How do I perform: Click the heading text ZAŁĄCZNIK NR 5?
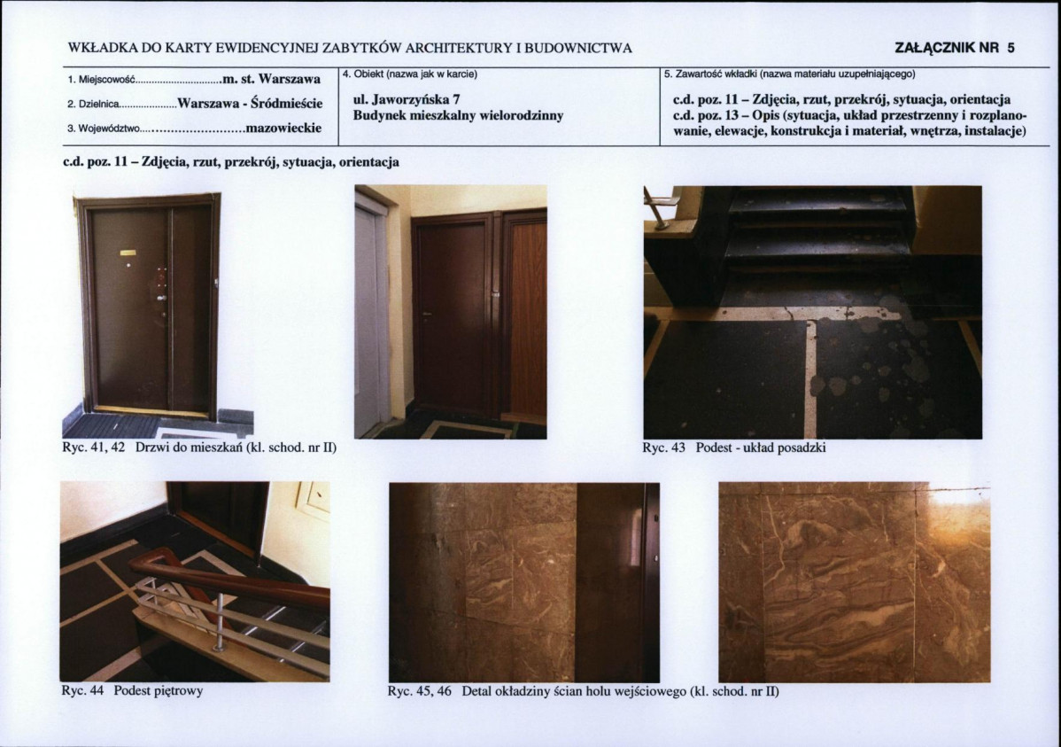pos(955,48)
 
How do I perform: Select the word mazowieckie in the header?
pos(283,128)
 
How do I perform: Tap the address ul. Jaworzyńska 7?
pos(407,100)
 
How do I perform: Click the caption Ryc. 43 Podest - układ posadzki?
pos(734,447)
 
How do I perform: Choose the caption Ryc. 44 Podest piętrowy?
pos(132,691)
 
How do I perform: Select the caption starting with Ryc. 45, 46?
pos(584,691)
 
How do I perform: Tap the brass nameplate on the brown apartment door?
pos(128,253)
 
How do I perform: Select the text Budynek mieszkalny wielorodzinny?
pos(458,116)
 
